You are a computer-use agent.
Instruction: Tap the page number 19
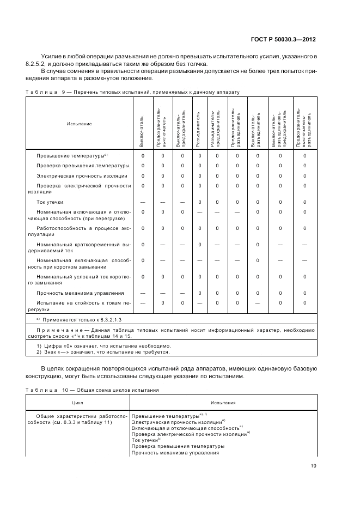[314, 465]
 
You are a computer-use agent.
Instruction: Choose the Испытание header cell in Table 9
[79, 124]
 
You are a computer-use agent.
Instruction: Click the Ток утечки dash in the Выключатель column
[143, 202]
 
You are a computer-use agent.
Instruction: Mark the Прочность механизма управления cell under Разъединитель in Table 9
[199, 293]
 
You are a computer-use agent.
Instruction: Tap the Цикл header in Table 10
[78, 403]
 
